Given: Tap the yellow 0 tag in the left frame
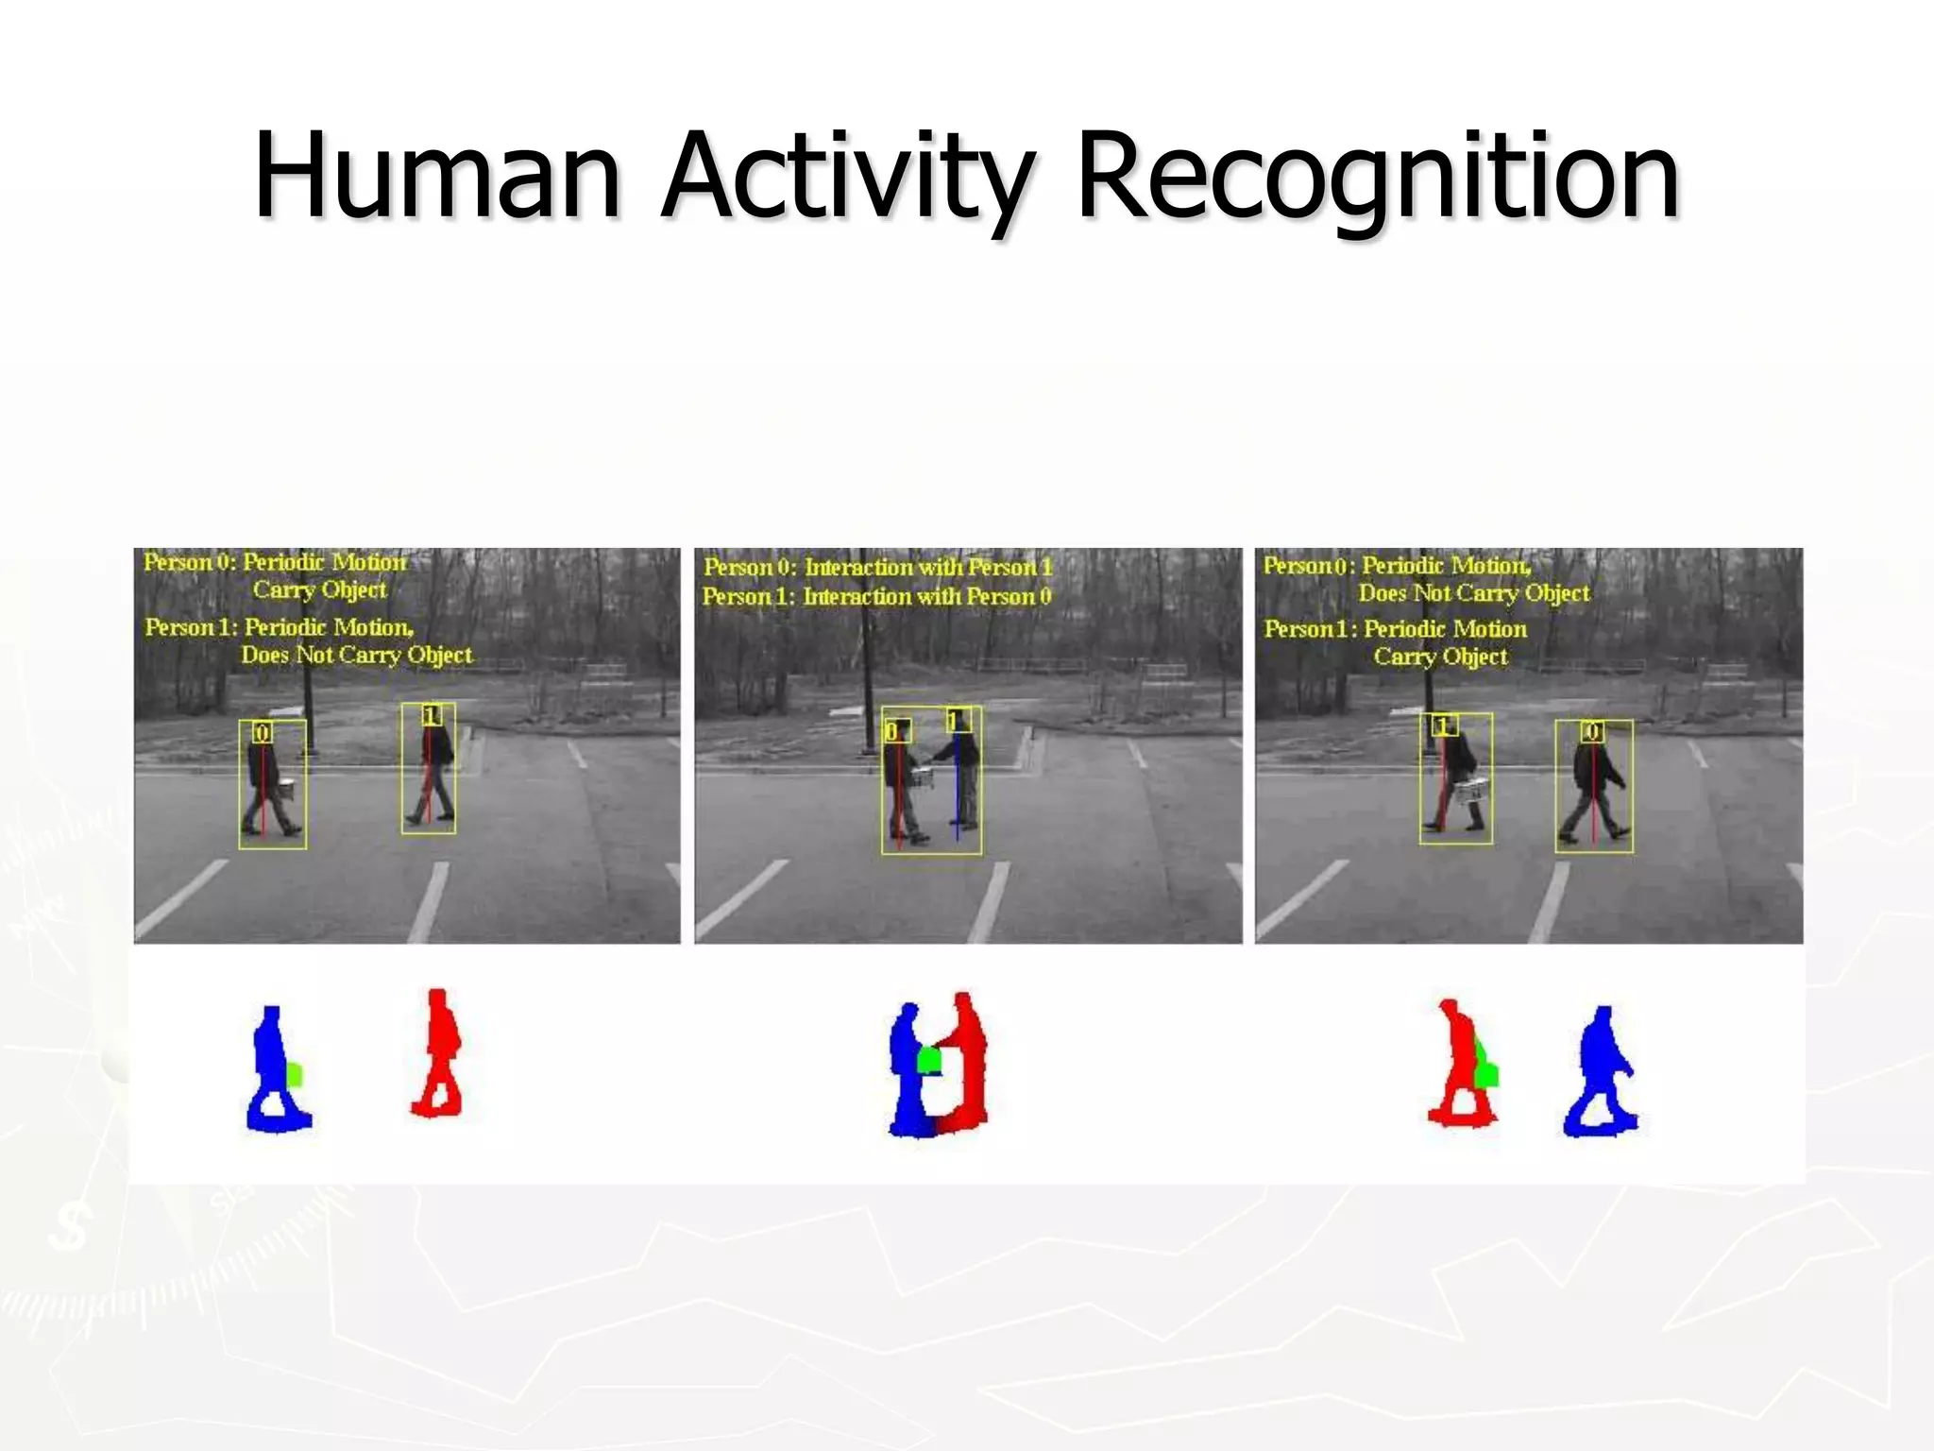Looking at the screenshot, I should click(x=263, y=732).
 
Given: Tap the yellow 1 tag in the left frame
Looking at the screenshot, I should click(x=432, y=715).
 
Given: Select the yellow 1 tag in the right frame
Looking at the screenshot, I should click(x=1442, y=725).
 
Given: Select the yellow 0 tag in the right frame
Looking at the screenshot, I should click(x=1593, y=731).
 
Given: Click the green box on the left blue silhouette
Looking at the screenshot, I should click(x=295, y=1074).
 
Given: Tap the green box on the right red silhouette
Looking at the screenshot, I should click(x=1485, y=1074).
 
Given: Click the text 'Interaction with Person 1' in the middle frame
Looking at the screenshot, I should click(x=927, y=567).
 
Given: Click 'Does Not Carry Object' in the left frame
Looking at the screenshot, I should click(x=357, y=655).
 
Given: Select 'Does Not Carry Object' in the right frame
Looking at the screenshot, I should click(x=1474, y=593).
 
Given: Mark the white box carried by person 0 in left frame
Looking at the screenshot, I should click(x=288, y=789).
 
